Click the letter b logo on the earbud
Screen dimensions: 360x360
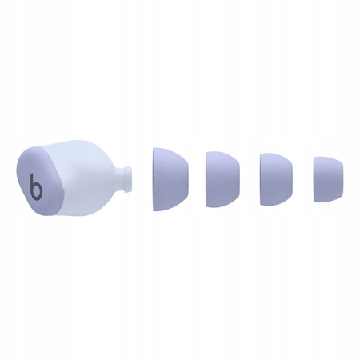(x=36, y=189)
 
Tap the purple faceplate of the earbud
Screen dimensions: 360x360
(x=28, y=172)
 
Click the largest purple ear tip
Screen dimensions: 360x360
(x=170, y=178)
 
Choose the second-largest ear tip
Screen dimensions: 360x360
(x=222, y=177)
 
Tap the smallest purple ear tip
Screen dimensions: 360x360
(x=327, y=178)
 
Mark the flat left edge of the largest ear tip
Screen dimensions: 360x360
(x=154, y=178)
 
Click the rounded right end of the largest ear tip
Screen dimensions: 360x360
(x=189, y=178)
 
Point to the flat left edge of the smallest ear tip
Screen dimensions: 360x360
(x=314, y=178)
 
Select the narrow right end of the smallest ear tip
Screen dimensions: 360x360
(x=342, y=178)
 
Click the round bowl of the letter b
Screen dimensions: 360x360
(x=37, y=192)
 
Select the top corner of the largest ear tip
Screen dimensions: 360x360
(x=155, y=148)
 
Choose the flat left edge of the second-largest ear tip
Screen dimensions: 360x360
(x=206, y=177)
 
